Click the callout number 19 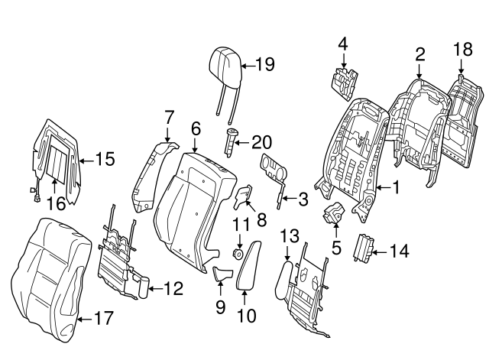264,65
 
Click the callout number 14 400,249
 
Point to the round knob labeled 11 238,252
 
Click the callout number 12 173,289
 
